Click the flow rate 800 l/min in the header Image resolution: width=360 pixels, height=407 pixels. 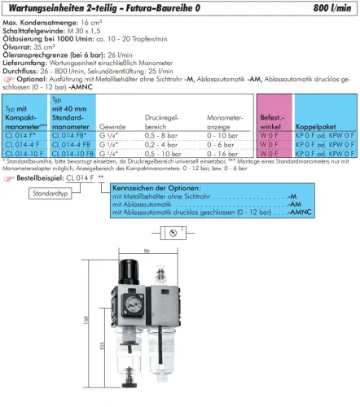334,7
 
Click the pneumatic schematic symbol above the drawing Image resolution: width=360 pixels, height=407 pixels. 173,233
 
